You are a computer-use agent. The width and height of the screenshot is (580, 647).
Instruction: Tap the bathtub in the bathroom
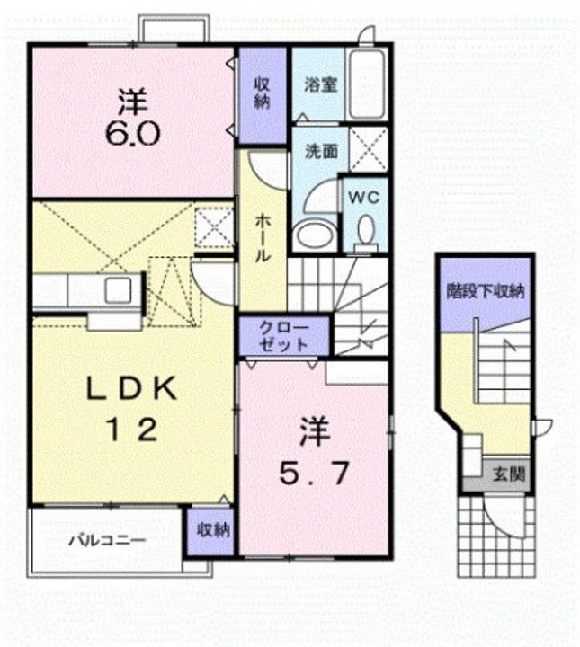(x=366, y=85)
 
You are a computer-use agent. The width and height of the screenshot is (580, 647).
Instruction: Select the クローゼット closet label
(x=285, y=334)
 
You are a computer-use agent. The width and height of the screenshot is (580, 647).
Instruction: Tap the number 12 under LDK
(x=134, y=430)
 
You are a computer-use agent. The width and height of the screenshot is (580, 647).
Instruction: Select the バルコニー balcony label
(x=107, y=541)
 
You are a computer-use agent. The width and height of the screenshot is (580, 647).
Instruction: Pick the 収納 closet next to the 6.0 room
(x=262, y=93)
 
